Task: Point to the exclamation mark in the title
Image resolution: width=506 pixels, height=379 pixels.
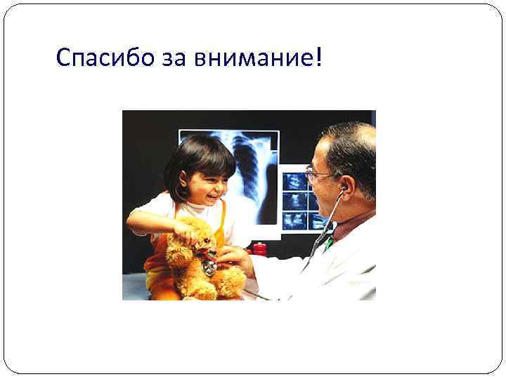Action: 320,58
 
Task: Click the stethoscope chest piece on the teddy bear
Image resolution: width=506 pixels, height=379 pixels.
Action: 209,267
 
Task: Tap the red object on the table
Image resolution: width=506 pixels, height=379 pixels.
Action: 259,249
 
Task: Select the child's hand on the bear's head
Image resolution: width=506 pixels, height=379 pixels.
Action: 186,228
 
